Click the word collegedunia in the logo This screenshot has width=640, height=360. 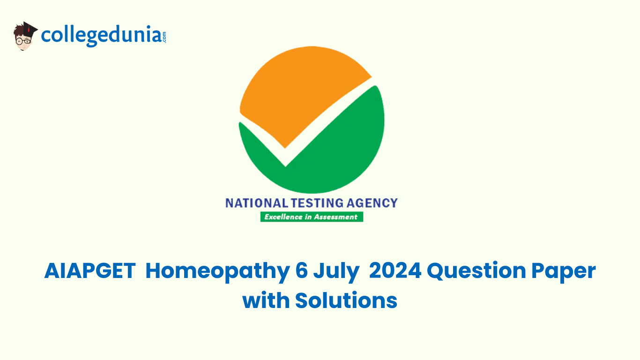coord(102,36)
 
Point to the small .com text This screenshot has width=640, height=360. coord(164,37)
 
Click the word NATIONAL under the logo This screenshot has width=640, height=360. coord(257,203)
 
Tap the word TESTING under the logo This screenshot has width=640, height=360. coord(317,203)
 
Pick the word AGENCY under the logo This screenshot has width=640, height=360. coord(372,203)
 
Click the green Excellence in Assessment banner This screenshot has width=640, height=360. coord(312,217)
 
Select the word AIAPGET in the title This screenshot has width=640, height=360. coord(90,270)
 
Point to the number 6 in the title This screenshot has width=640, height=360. coord(302,270)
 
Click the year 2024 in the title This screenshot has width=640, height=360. coord(395,270)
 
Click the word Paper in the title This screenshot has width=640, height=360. coord(564,272)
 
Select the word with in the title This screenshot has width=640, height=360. coord(266,300)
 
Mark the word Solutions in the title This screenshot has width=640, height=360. coord(346,300)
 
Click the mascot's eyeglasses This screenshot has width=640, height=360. coord(23,41)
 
